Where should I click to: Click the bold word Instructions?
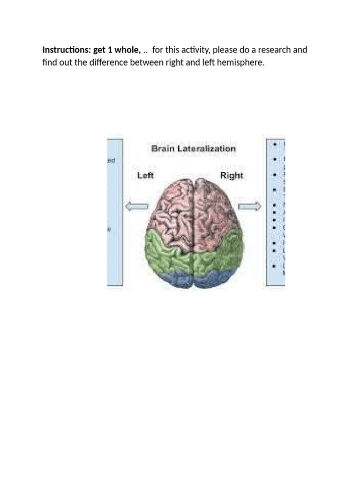coord(63,50)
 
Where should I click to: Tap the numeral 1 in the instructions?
coord(111,50)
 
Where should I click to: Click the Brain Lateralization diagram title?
coord(193,149)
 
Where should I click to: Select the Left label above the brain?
coord(145,175)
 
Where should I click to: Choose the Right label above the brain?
coord(232,175)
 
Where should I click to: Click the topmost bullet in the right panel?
coord(273,145)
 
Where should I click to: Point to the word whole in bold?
coord(127,50)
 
